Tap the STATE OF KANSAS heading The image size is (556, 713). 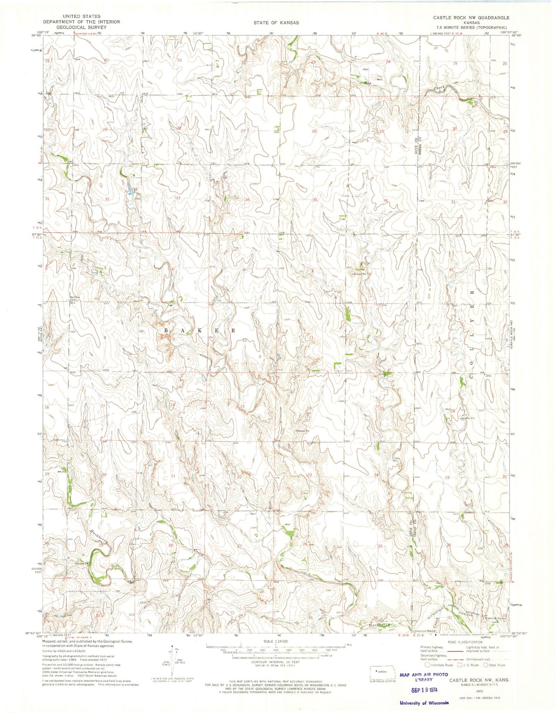pos(276,23)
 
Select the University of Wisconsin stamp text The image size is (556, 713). pos(424,703)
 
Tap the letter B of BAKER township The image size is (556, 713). pos(166,330)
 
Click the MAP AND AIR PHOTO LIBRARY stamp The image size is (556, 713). pos(424,677)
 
